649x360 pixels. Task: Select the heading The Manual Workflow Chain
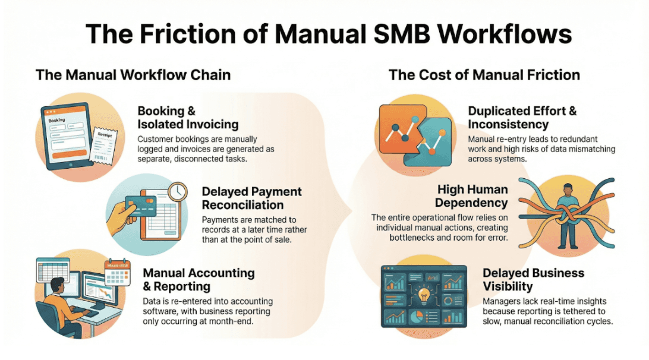click(133, 75)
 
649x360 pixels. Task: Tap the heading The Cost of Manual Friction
click(484, 75)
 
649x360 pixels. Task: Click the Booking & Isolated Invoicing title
click(188, 118)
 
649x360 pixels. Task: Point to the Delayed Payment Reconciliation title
click(251, 198)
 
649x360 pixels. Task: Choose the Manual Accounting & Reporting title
click(199, 279)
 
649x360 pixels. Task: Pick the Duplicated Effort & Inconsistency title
click(522, 117)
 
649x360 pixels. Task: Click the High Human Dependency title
click(472, 196)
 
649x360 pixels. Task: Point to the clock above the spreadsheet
click(177, 191)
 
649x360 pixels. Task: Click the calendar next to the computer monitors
click(118, 272)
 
